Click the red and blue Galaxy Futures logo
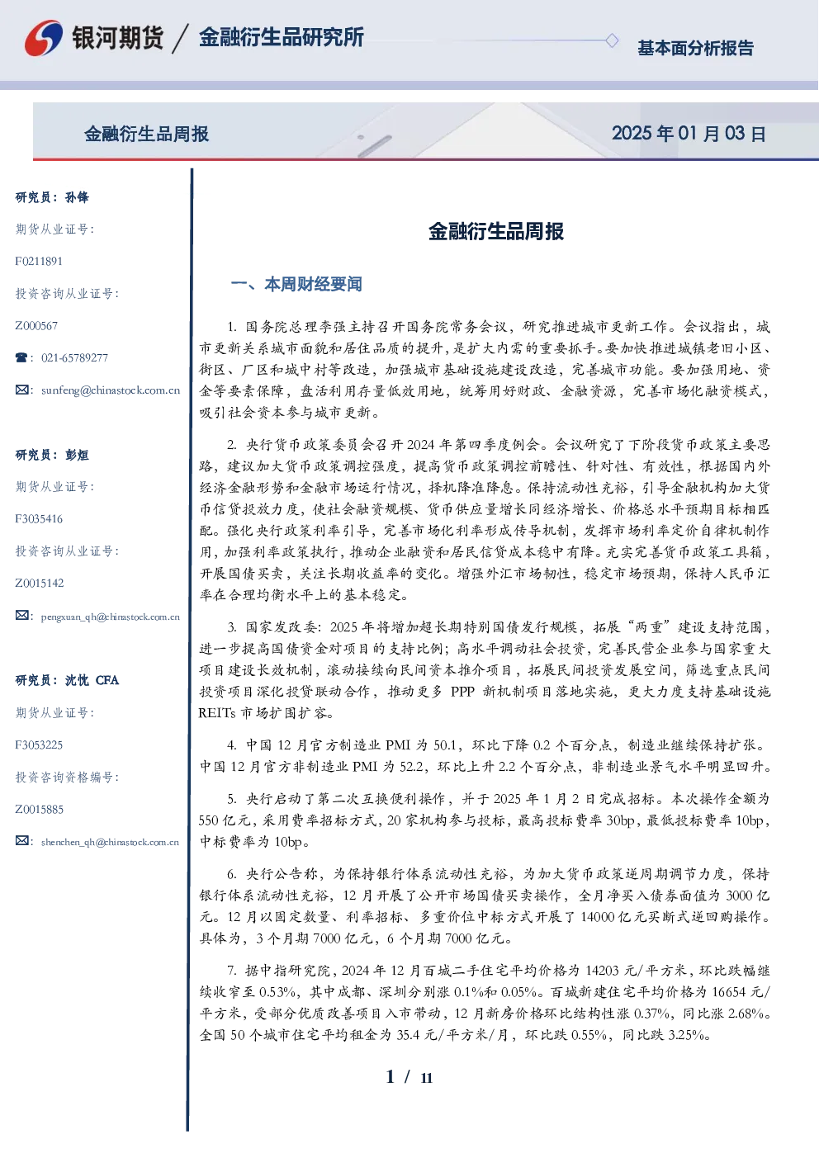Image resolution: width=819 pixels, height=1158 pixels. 43,37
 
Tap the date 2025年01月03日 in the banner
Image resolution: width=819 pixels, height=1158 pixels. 689,134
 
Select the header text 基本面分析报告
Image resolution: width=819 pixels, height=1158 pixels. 695,48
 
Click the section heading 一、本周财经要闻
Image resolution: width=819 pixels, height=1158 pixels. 296,284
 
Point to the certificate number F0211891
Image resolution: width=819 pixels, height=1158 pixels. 39,261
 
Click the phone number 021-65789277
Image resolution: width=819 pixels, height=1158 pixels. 74,357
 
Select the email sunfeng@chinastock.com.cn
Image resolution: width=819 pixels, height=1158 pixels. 111,390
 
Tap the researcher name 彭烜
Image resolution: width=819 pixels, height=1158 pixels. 77,455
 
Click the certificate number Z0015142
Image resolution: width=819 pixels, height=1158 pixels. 40,584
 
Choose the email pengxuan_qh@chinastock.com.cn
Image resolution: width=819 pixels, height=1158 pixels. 111,617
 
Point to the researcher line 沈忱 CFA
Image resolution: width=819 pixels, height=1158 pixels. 92,680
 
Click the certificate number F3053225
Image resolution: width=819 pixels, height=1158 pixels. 39,745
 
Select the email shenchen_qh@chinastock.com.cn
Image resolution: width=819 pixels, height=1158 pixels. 110,842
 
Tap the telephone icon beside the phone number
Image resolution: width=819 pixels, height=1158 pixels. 21,357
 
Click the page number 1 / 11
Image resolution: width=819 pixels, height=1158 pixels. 409,1077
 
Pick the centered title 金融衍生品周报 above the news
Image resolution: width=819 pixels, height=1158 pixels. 496,231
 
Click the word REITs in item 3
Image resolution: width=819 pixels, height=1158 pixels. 216,713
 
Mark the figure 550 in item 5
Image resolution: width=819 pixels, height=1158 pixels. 210,820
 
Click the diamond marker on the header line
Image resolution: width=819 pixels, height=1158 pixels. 612,40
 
